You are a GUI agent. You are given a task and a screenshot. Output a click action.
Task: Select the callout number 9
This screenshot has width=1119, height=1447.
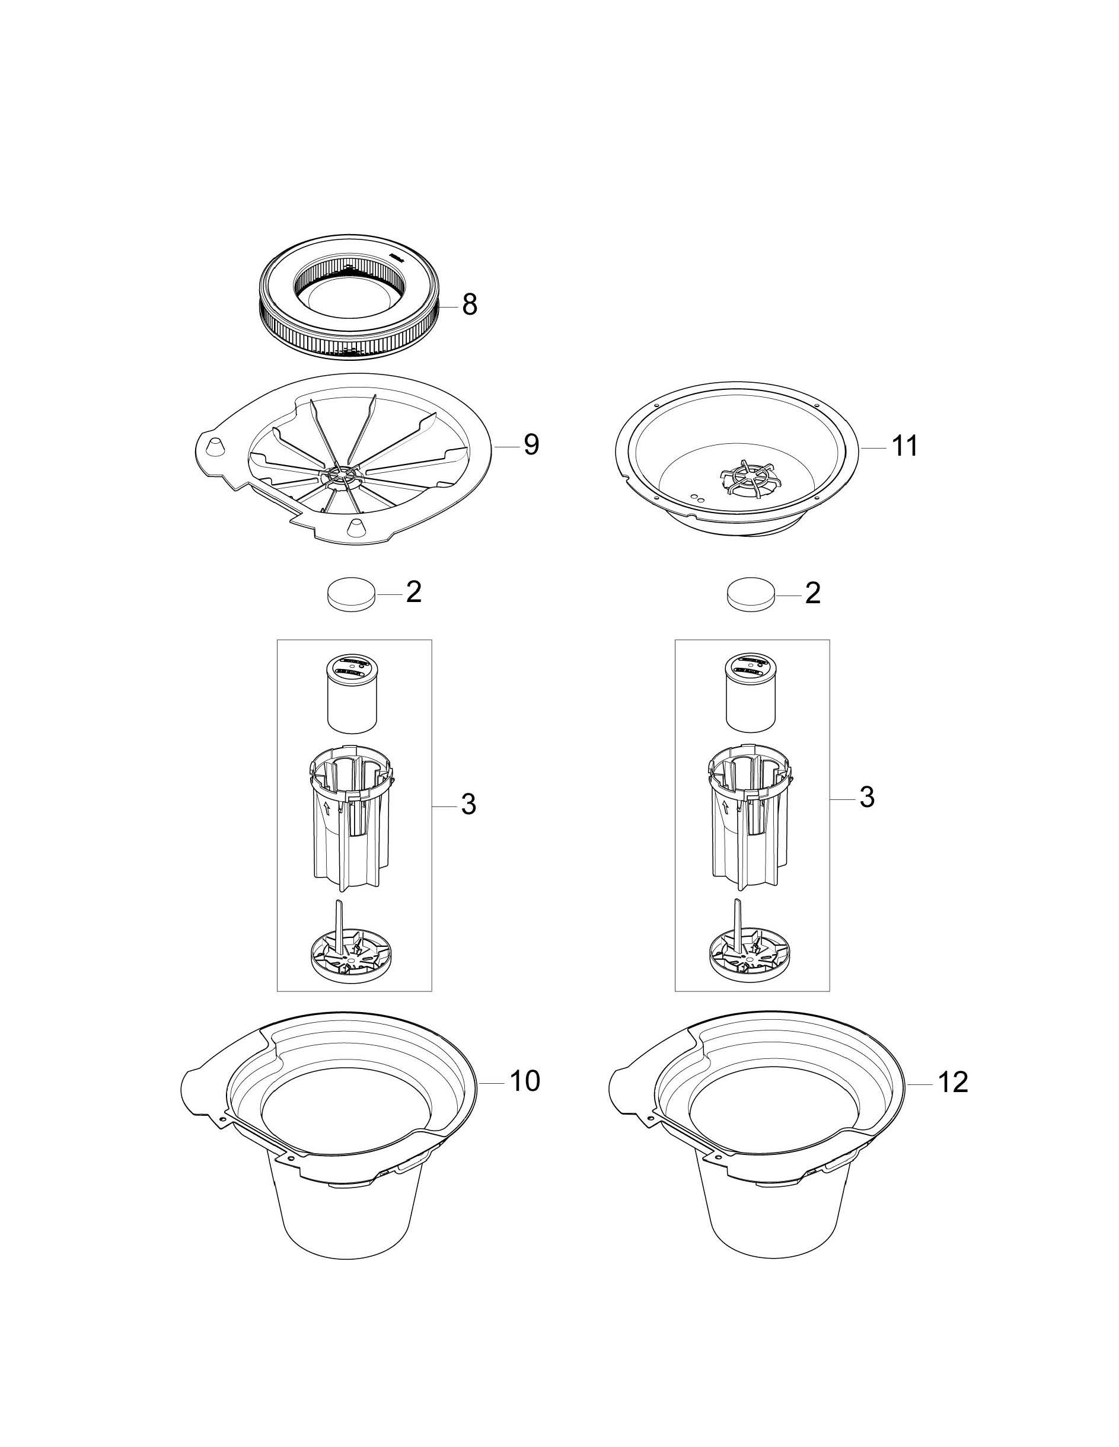[x=532, y=444]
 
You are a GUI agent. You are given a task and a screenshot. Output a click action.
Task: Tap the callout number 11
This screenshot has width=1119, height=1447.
[x=905, y=446]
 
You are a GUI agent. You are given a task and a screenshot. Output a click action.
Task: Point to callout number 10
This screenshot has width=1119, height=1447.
[x=525, y=1081]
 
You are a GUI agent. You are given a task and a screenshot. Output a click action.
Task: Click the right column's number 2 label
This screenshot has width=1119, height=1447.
[x=813, y=593]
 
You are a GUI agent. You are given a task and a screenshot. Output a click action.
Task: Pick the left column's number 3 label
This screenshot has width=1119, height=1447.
[x=468, y=803]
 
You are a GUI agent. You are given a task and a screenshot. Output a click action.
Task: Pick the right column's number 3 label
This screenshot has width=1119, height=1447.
[x=867, y=797]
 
